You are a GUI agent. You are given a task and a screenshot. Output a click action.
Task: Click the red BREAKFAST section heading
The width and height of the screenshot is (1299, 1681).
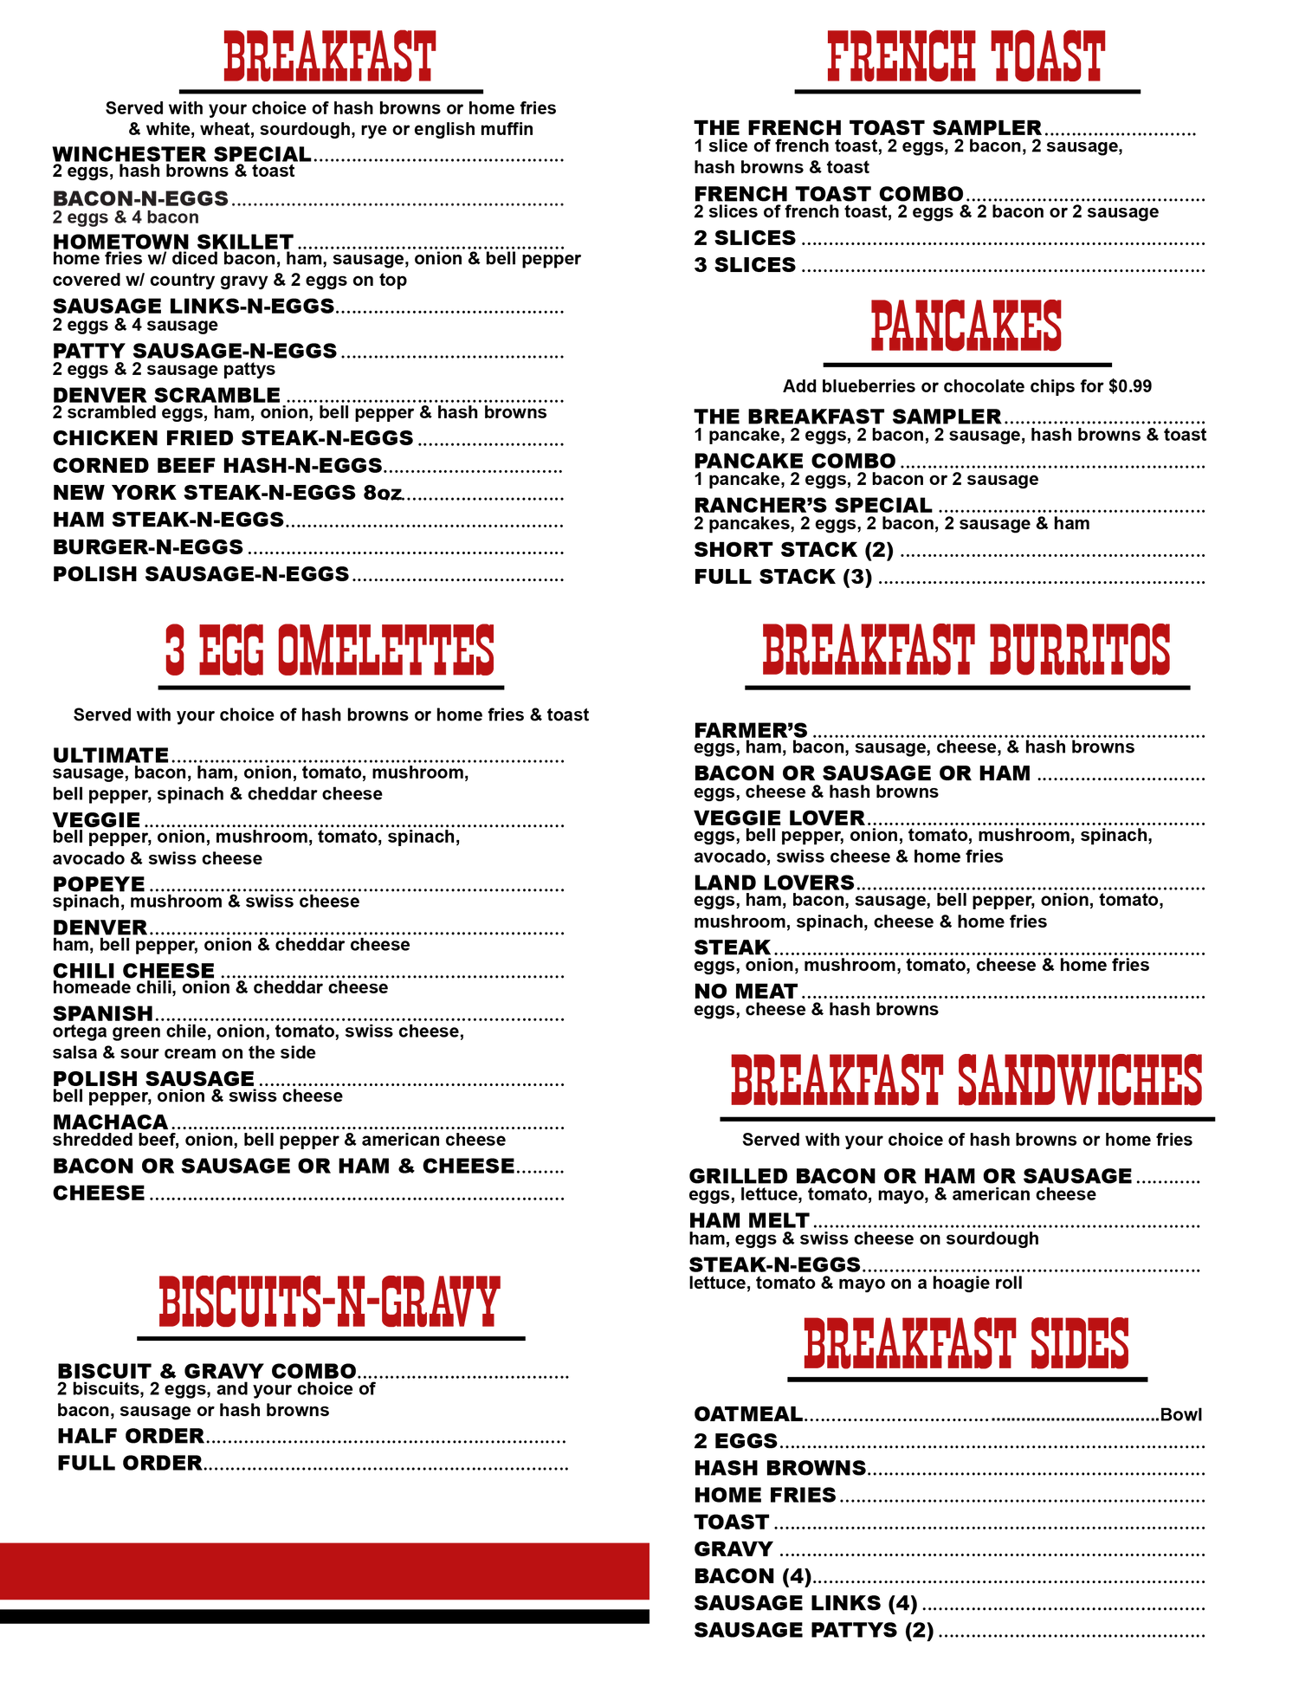click(x=329, y=57)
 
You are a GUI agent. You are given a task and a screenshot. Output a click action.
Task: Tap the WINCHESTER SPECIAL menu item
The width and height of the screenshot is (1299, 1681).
click(x=182, y=154)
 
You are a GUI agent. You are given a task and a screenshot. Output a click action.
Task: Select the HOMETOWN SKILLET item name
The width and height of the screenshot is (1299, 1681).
click(x=173, y=242)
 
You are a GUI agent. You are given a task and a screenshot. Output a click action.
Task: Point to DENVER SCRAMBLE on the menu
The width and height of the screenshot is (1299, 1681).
click(x=166, y=395)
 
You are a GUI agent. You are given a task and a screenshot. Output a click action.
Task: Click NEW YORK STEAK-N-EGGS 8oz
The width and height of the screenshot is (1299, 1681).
click(x=228, y=493)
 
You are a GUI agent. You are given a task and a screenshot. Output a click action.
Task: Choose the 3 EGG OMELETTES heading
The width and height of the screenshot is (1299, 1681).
click(x=330, y=651)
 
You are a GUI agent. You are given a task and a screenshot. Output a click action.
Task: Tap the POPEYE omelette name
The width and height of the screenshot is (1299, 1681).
click(x=99, y=884)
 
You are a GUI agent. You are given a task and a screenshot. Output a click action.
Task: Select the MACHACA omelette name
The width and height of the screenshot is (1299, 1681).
click(x=110, y=1122)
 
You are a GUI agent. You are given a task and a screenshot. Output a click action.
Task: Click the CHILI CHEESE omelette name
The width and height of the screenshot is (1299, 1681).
click(x=133, y=971)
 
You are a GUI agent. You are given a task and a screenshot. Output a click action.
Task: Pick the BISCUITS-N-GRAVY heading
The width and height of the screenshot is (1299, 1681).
click(x=329, y=1302)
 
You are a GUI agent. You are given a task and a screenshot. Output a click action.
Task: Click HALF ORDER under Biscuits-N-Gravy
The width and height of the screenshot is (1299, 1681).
click(x=131, y=1436)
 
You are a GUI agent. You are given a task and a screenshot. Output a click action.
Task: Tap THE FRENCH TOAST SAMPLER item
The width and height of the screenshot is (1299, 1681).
click(x=868, y=127)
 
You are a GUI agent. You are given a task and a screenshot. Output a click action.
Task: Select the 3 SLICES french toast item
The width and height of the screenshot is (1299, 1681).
click(x=745, y=265)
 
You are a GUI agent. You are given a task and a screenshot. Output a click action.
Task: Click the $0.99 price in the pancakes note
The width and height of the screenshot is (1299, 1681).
click(x=1130, y=386)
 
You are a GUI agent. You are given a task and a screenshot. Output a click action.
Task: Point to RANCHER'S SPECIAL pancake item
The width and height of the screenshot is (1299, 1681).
click(x=813, y=505)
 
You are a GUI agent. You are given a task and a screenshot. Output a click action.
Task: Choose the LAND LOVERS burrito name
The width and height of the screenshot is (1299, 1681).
click(x=774, y=883)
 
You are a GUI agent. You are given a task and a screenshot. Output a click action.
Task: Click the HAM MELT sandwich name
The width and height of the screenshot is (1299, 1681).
click(x=749, y=1220)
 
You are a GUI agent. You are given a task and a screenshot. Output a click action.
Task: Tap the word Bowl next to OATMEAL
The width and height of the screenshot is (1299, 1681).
click(x=1181, y=1414)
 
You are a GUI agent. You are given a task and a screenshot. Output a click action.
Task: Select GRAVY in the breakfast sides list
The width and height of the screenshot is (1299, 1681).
click(x=734, y=1549)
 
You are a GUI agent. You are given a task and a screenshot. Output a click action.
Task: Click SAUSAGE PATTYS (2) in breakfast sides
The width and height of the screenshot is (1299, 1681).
click(x=814, y=1630)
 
